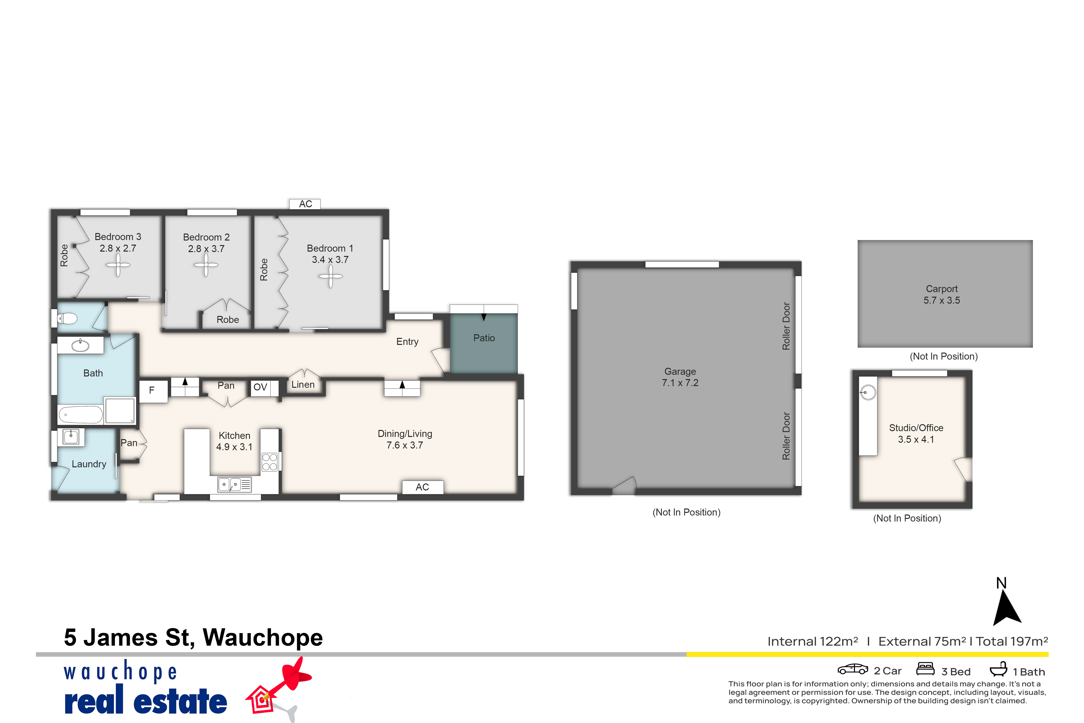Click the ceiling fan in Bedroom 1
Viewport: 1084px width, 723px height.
(x=330, y=277)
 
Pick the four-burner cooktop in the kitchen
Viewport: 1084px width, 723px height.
(x=270, y=462)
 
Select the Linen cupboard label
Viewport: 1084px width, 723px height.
(x=303, y=385)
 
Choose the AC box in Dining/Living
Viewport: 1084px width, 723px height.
(x=423, y=487)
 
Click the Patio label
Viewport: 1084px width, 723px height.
(x=484, y=338)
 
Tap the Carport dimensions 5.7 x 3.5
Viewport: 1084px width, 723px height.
(x=942, y=300)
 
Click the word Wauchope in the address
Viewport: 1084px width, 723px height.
(x=263, y=638)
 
